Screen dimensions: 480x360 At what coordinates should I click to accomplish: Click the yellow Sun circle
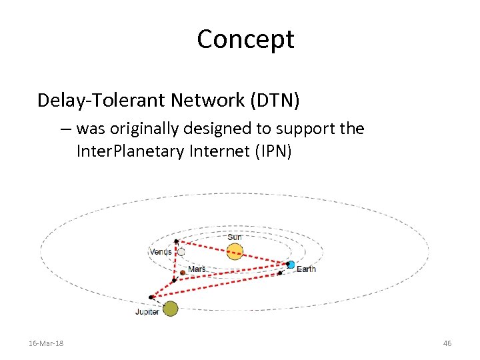click(x=235, y=251)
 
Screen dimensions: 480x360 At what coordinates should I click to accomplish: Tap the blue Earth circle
click(x=291, y=265)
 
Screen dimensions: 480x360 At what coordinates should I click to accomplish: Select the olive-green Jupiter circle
click(x=171, y=308)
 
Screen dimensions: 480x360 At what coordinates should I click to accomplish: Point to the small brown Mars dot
click(x=183, y=272)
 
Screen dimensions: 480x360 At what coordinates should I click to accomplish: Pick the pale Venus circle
click(x=180, y=252)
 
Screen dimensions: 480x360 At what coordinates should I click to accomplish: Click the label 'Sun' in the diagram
click(x=235, y=237)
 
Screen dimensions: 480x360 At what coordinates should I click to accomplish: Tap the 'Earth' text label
click(x=306, y=269)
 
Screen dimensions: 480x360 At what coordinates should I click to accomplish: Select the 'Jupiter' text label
click(x=147, y=311)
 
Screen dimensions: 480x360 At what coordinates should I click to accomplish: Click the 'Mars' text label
click(x=197, y=269)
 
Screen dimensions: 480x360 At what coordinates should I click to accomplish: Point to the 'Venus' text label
click(x=160, y=252)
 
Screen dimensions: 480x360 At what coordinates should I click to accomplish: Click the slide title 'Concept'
click(x=245, y=39)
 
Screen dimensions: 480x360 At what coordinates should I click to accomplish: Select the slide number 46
click(x=447, y=343)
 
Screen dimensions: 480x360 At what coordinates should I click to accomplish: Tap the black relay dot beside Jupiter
click(x=151, y=297)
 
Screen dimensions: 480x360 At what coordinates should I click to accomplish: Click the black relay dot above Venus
click(x=176, y=241)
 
